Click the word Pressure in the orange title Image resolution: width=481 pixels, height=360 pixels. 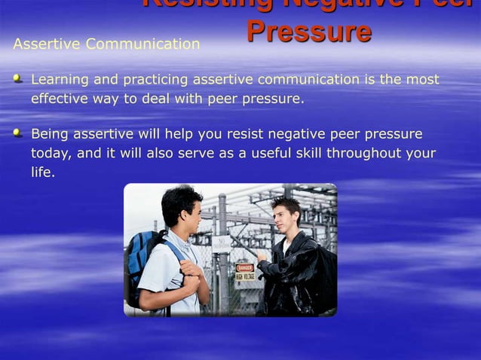(x=308, y=32)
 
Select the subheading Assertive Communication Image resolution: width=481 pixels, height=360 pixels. (x=106, y=44)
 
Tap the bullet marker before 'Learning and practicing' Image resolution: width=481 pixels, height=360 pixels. (x=18, y=78)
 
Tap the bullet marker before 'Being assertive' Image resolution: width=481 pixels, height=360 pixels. (x=18, y=133)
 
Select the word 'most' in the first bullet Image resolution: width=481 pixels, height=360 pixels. (x=422, y=80)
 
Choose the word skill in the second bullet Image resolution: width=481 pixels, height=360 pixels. (x=294, y=154)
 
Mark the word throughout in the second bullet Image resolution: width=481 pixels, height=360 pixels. (x=359, y=154)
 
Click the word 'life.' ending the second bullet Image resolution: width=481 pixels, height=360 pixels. (x=43, y=172)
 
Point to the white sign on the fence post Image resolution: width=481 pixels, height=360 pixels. (x=221, y=244)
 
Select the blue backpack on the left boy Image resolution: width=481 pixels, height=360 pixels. (x=142, y=259)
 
